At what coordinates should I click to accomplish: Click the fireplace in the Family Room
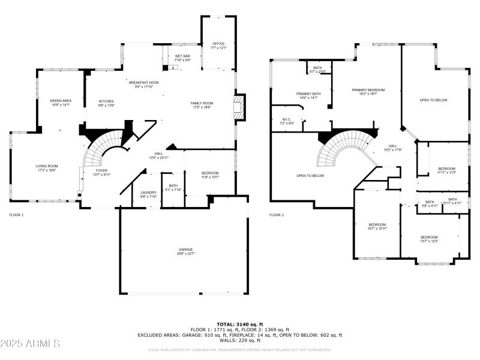click(239, 107)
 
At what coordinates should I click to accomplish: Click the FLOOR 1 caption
click(16, 214)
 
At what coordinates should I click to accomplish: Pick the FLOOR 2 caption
click(277, 214)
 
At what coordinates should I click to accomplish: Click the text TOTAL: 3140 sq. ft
click(240, 324)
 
